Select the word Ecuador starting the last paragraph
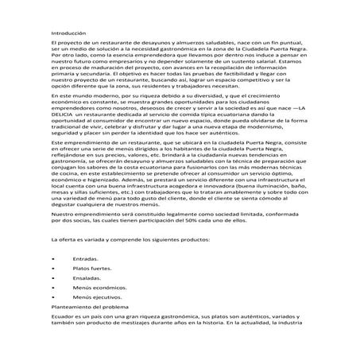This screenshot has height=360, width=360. [62, 315]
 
